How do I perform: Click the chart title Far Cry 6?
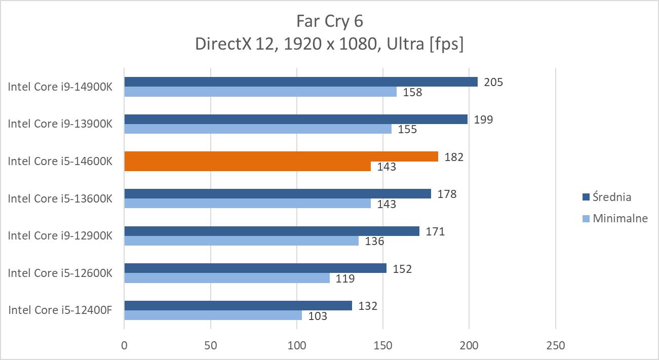[x=329, y=21]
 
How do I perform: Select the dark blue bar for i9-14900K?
[x=301, y=82]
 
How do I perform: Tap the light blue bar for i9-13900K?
[x=258, y=129]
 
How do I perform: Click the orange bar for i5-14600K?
[x=281, y=157]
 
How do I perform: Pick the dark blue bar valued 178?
[x=278, y=194]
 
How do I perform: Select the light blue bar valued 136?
[x=242, y=241]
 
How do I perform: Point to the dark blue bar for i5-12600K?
[x=255, y=268]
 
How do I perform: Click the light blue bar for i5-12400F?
[x=213, y=315]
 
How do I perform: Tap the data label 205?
[x=493, y=82]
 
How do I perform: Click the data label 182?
[x=453, y=157]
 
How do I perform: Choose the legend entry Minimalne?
[x=620, y=219]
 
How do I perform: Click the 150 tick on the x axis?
[x=383, y=346]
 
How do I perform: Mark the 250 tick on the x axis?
[x=555, y=346]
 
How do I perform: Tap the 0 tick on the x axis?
[x=125, y=346]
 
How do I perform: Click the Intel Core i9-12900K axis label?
[x=60, y=236]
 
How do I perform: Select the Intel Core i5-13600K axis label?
[x=60, y=198]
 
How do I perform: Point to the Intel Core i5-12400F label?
[x=60, y=310]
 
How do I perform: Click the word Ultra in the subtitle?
[x=405, y=45]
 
